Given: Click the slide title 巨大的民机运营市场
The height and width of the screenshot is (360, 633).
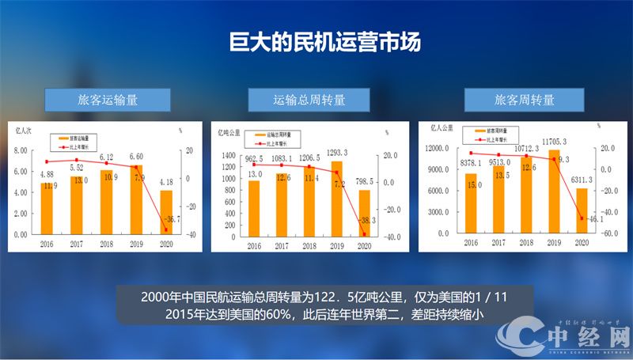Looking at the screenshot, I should click(x=316, y=41).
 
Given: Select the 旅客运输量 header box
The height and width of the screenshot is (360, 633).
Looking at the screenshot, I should click(x=108, y=100).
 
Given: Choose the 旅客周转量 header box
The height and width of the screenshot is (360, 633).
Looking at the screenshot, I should click(x=524, y=100).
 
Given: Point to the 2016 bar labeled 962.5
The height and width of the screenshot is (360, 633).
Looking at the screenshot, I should click(x=254, y=209).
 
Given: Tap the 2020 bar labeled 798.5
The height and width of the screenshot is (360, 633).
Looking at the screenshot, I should click(x=364, y=214).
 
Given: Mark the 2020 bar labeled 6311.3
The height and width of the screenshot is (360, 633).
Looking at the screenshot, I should click(x=581, y=210).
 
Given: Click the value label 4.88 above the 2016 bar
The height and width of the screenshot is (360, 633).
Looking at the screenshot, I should click(x=47, y=174).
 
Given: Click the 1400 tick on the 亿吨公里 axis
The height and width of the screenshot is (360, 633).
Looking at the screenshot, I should click(x=229, y=155).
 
